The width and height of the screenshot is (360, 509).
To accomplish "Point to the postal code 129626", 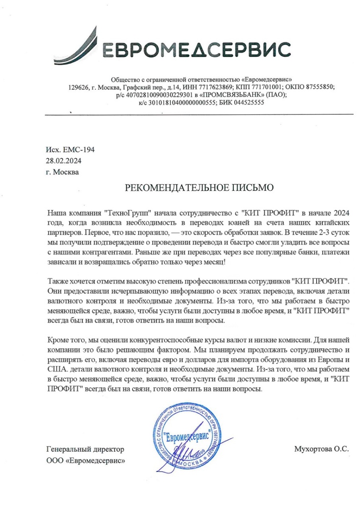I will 78,87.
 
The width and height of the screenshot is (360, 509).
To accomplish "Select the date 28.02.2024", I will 63,161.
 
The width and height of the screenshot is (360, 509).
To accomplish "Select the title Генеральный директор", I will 84,449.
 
